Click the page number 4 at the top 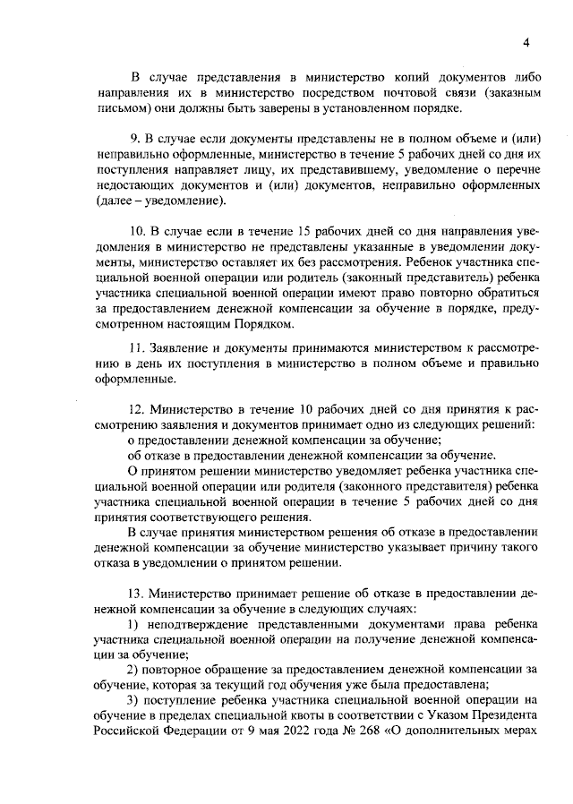pos(527,42)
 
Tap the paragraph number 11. pos(137,346)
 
